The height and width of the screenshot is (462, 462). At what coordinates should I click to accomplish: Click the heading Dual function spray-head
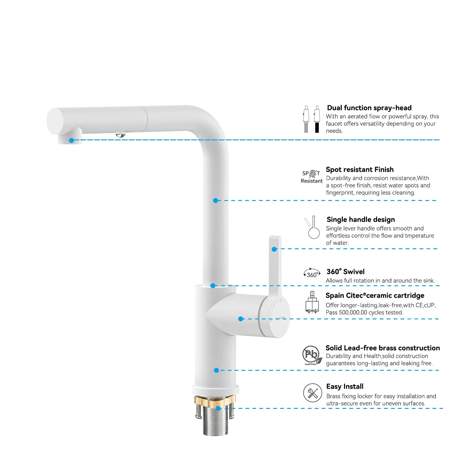click(x=369, y=108)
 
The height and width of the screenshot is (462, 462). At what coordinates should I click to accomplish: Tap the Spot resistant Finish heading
click(x=359, y=169)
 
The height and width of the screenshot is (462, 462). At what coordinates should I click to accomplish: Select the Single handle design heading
click(x=361, y=220)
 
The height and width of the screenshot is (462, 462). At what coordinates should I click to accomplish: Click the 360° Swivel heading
click(x=345, y=272)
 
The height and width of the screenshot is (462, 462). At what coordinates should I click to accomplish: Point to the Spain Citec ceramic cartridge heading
click(x=375, y=296)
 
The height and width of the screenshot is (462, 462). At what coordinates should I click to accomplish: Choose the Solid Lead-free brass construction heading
click(x=383, y=348)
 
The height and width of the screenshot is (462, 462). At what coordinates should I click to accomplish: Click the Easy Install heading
click(x=345, y=387)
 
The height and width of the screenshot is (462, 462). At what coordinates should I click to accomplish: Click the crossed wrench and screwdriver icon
click(x=312, y=393)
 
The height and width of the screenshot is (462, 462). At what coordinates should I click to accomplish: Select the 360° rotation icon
click(x=312, y=273)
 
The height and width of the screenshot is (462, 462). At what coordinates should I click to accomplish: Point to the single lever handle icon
click(x=312, y=228)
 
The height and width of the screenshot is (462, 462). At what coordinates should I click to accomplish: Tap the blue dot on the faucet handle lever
click(x=274, y=249)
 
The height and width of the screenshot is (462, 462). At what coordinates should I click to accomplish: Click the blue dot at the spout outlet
click(x=72, y=140)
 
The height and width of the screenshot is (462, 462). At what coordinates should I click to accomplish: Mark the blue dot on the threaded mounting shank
click(x=218, y=408)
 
